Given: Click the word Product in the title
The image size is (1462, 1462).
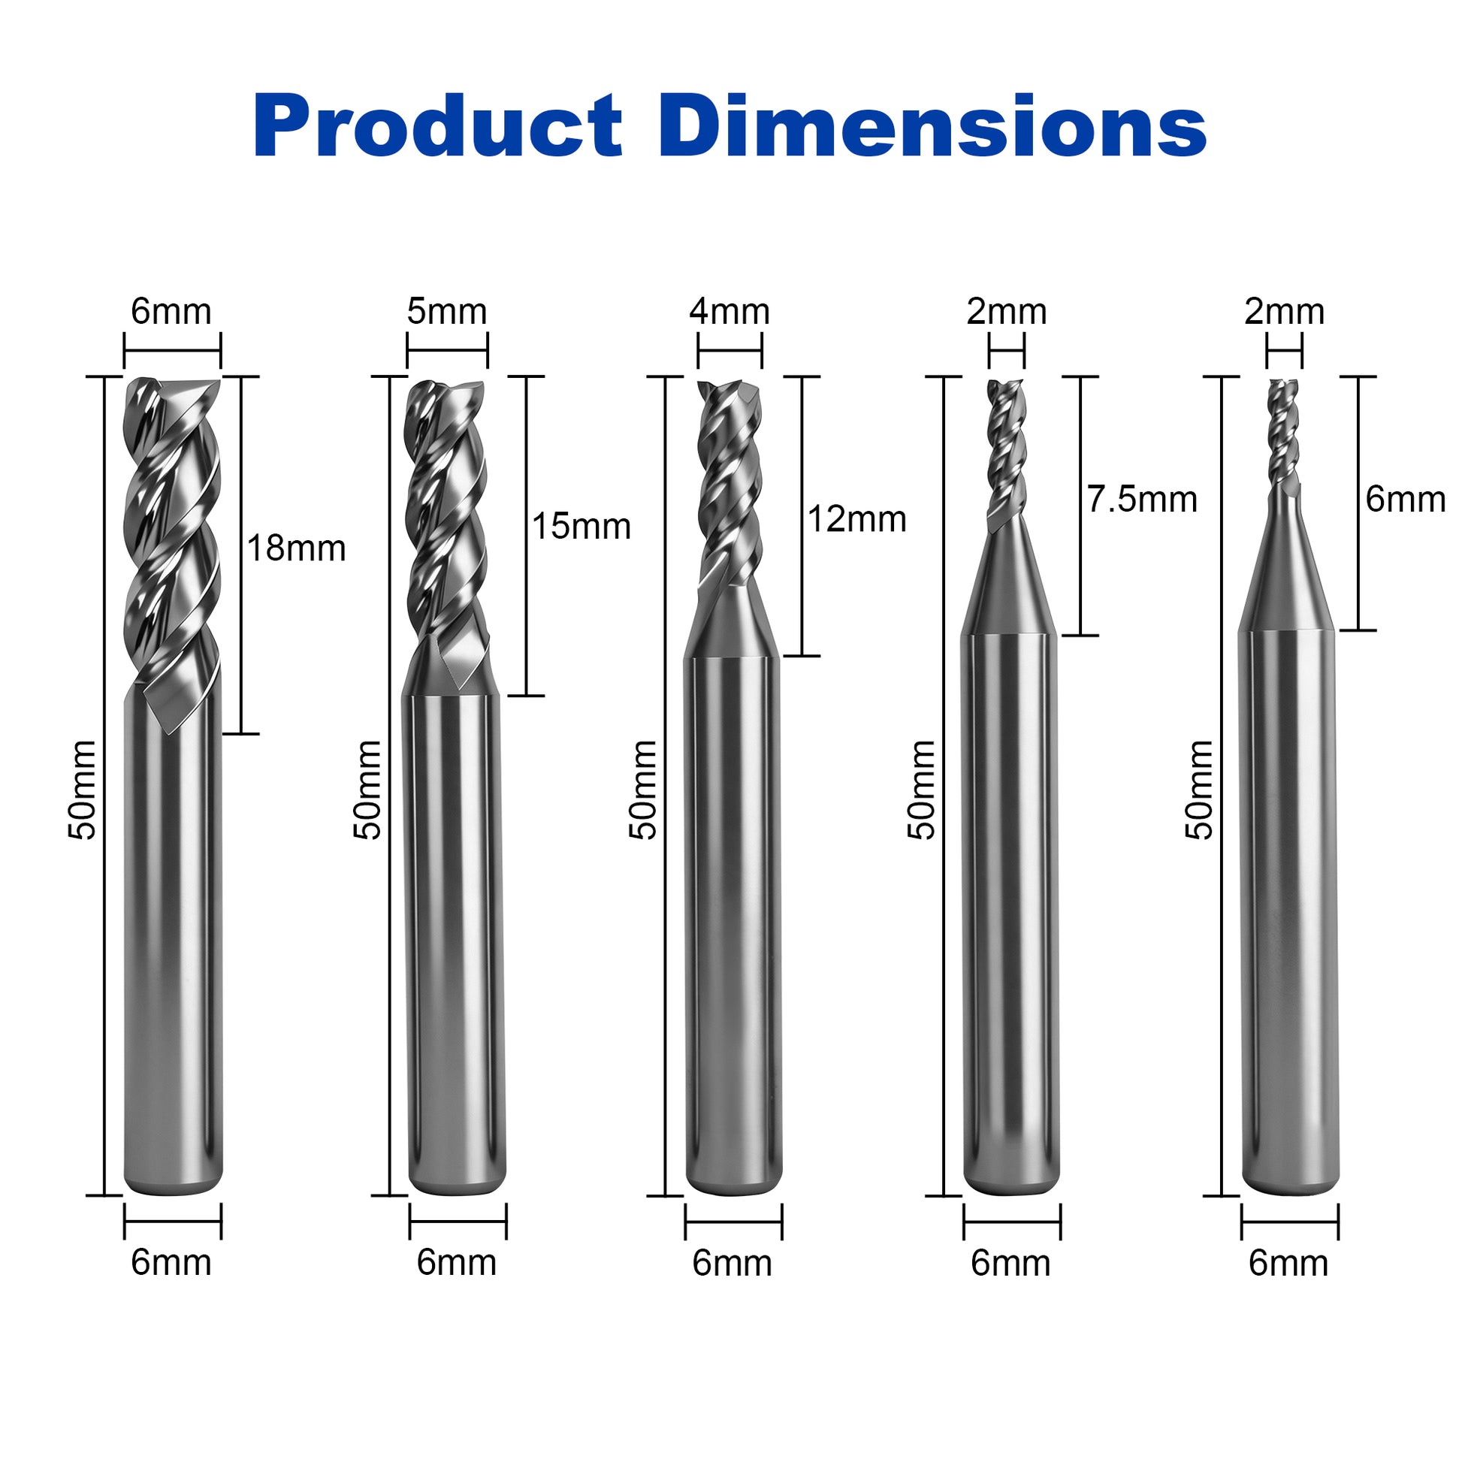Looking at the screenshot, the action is tap(438, 126).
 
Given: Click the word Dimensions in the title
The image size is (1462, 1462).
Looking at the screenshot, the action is tap(932, 126).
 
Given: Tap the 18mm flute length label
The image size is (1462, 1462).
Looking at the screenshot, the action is tap(296, 548).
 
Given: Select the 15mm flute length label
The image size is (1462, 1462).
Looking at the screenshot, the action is tap(581, 527).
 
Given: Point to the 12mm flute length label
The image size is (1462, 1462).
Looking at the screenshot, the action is tap(856, 519).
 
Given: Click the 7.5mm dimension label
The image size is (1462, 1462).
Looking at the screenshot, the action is tap(1142, 500).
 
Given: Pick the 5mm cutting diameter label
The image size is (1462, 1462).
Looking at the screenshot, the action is tap(446, 312).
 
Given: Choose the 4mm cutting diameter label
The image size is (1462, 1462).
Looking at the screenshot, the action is tap(729, 312).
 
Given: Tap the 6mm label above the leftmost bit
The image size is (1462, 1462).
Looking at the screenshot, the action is tap(171, 312).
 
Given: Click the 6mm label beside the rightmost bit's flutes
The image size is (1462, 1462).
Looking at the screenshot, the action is tap(1405, 500).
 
